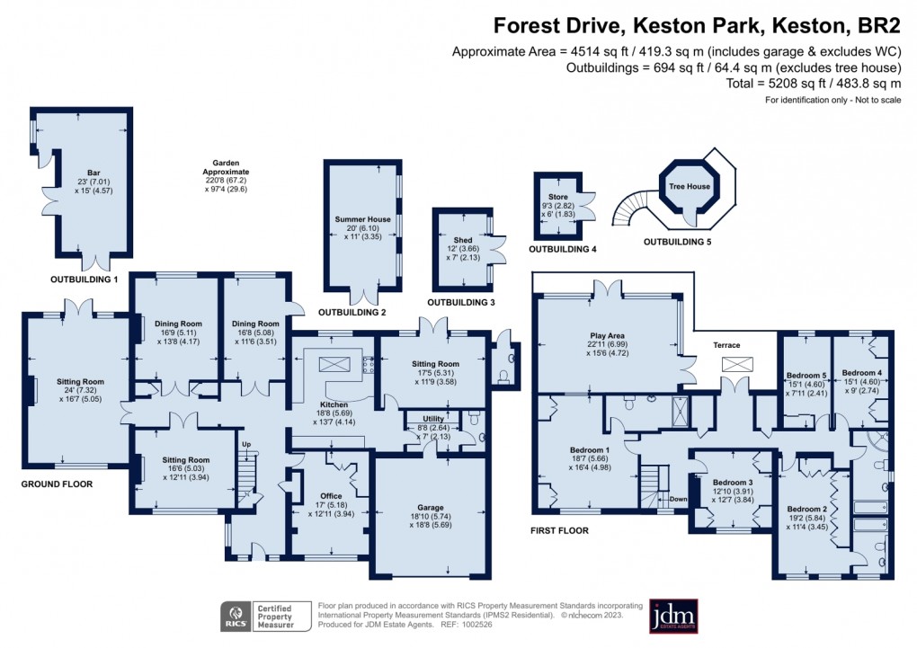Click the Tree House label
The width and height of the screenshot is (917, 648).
pos(690,187)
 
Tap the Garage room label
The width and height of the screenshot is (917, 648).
pos(431,508)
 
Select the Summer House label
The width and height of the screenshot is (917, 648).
pos(362,219)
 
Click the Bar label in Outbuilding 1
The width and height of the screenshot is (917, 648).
pos(93,173)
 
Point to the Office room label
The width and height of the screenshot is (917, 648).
pos(331,496)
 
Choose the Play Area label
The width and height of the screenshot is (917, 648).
pos(607,336)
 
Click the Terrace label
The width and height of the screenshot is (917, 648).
pos(727,345)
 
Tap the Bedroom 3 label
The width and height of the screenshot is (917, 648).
pos(733,483)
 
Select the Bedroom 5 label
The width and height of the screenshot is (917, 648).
pos(806,376)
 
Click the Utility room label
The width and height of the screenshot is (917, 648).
pos(433,419)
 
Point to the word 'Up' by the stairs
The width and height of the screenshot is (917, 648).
pos(246,445)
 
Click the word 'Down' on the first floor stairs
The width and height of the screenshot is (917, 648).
pos(679,499)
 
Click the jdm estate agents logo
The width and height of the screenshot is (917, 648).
pos(673,617)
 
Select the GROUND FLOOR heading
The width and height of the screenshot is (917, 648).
pos(57,484)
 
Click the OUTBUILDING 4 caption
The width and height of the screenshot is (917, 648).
pos(563,249)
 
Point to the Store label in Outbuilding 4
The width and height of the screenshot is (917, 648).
pos(558,197)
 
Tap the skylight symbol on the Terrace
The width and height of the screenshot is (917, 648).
pos(734,364)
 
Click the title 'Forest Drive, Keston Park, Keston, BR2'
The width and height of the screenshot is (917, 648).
pos(697,26)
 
